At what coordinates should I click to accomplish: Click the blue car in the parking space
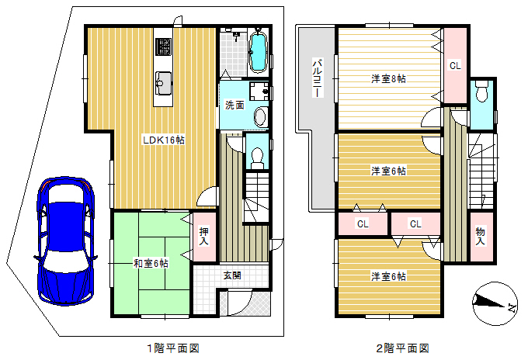coord(64,241)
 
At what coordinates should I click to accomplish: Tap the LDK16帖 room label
coord(164,140)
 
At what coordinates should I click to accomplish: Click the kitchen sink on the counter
coord(163,83)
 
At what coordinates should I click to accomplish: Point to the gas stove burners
coord(163,47)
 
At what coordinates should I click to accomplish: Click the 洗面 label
coord(234,105)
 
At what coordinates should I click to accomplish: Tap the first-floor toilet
coord(258,158)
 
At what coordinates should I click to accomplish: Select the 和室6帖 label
coord(151,263)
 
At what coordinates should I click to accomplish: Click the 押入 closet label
coord(203,237)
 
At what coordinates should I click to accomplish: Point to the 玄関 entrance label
coord(232,275)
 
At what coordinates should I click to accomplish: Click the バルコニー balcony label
coord(317,78)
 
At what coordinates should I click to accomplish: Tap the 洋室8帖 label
coord(388,79)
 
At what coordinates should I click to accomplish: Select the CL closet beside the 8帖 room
coord(455,66)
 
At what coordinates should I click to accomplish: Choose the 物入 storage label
coord(481,236)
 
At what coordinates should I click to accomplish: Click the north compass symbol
coord(495,303)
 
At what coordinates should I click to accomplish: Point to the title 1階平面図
coord(173,348)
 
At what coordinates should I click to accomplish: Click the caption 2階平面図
coord(403,348)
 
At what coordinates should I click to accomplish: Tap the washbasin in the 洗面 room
coord(261,116)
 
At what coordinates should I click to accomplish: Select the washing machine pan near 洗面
coord(259,91)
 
